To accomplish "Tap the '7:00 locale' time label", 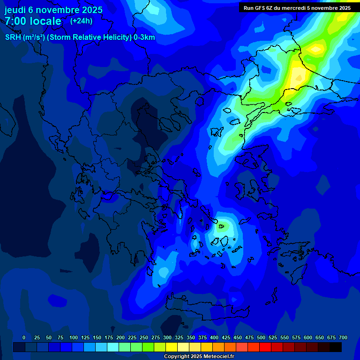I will point(33,21).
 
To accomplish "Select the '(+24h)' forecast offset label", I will point(81,21).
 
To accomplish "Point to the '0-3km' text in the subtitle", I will point(144,37).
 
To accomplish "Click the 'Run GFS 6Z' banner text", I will point(258,8).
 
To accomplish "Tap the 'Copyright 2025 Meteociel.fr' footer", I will point(199,357).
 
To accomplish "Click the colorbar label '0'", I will point(24,337).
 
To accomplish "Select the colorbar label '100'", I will point(74,337).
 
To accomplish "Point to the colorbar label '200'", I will point(120,337).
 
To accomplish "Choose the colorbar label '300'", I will point(167,337).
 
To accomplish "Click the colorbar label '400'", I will point(214,337).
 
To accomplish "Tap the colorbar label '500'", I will point(261,337).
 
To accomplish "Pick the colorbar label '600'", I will point(308,337).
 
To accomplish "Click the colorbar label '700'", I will point(343,337).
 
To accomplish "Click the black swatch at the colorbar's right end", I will point(336,347).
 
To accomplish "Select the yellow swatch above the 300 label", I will point(172,347).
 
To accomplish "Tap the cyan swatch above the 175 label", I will point(113,347).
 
